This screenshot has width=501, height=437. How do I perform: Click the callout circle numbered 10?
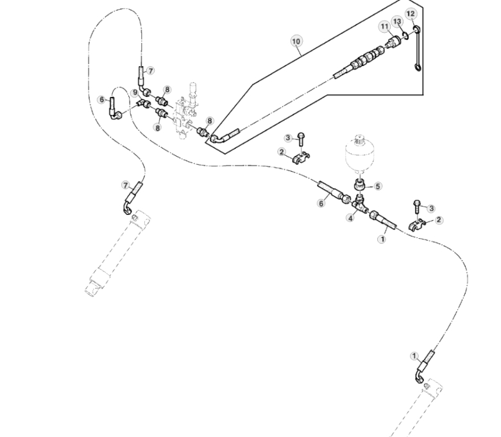click(296, 41)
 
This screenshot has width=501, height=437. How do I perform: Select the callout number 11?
click(384, 26)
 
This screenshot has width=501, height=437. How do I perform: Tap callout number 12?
click(411, 13)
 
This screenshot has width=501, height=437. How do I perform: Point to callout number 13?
click(397, 22)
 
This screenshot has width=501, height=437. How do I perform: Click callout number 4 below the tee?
click(350, 218)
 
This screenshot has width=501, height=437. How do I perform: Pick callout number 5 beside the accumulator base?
click(378, 186)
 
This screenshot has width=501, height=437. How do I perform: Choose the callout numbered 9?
click(135, 92)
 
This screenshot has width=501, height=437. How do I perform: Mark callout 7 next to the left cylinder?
click(126, 185)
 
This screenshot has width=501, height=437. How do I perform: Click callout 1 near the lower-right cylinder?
click(414, 356)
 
